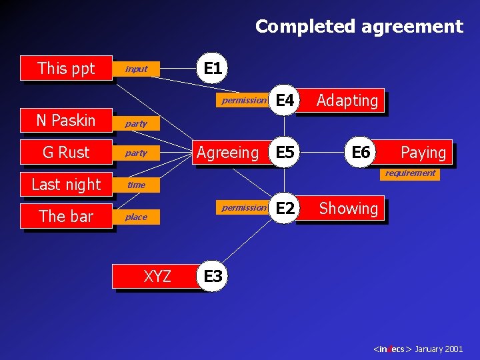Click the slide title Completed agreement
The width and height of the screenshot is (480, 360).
click(359, 27)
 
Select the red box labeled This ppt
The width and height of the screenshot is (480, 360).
click(66, 68)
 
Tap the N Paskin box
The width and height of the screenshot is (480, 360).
click(66, 120)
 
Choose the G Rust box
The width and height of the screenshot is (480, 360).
click(66, 152)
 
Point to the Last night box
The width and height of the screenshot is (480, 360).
click(66, 184)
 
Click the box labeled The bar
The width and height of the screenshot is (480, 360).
click(66, 216)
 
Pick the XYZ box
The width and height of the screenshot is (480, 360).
click(157, 276)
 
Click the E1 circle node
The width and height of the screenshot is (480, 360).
click(213, 68)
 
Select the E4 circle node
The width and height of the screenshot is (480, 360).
click(285, 100)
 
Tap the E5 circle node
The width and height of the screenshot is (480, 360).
click(285, 152)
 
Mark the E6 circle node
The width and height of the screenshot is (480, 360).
click(361, 152)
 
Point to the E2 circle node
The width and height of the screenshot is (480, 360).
click(285, 208)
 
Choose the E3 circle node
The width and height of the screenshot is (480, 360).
click(213, 276)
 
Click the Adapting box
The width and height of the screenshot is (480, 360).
click(347, 101)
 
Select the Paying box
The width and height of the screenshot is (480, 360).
click(423, 153)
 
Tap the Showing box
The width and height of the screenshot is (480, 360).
click(348, 209)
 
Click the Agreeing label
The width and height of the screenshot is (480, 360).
click(227, 153)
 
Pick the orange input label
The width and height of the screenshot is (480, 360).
click(136, 69)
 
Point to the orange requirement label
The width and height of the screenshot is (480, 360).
click(410, 173)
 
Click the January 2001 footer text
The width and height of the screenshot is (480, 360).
click(438, 349)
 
